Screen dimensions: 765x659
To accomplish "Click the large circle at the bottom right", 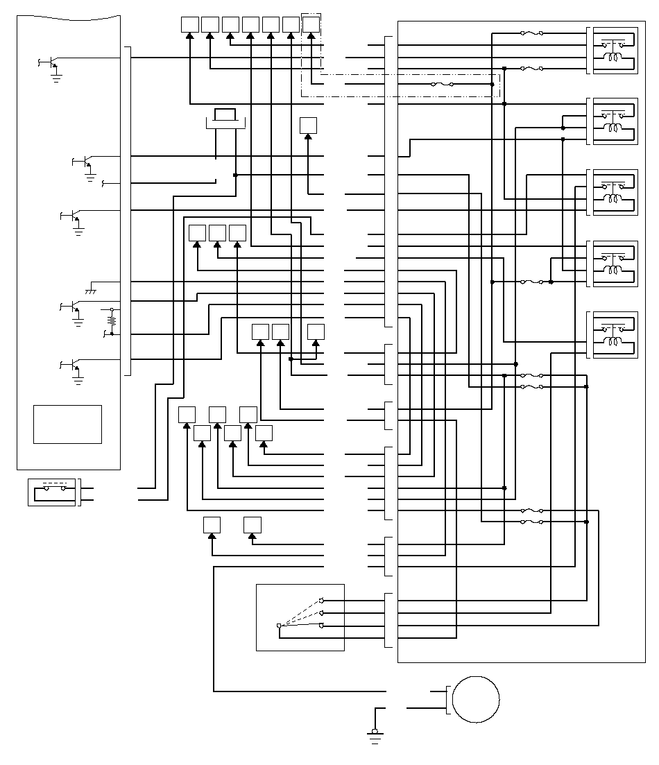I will click(476, 700).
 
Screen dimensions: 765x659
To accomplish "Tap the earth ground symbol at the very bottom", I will click(376, 736).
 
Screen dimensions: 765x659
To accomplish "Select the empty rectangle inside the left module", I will click(67, 424).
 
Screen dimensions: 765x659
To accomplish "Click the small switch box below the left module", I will click(52, 492).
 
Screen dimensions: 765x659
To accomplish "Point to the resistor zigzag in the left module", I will click(111, 321).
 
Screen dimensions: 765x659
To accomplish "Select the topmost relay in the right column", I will click(612, 51).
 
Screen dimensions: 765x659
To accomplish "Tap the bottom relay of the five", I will click(612, 335).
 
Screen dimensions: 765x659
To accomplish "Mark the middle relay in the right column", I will click(612, 192).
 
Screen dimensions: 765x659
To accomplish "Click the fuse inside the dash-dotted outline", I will click(442, 85).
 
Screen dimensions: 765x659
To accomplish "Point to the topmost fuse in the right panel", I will click(531, 33).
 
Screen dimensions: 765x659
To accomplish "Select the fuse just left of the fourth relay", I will click(531, 282).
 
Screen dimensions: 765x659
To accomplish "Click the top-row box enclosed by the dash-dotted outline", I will click(311, 24).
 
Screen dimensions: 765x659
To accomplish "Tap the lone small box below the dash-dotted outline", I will click(308, 126).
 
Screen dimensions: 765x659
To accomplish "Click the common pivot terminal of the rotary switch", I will click(279, 626).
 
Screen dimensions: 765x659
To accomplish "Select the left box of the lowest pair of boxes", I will click(212, 525).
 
